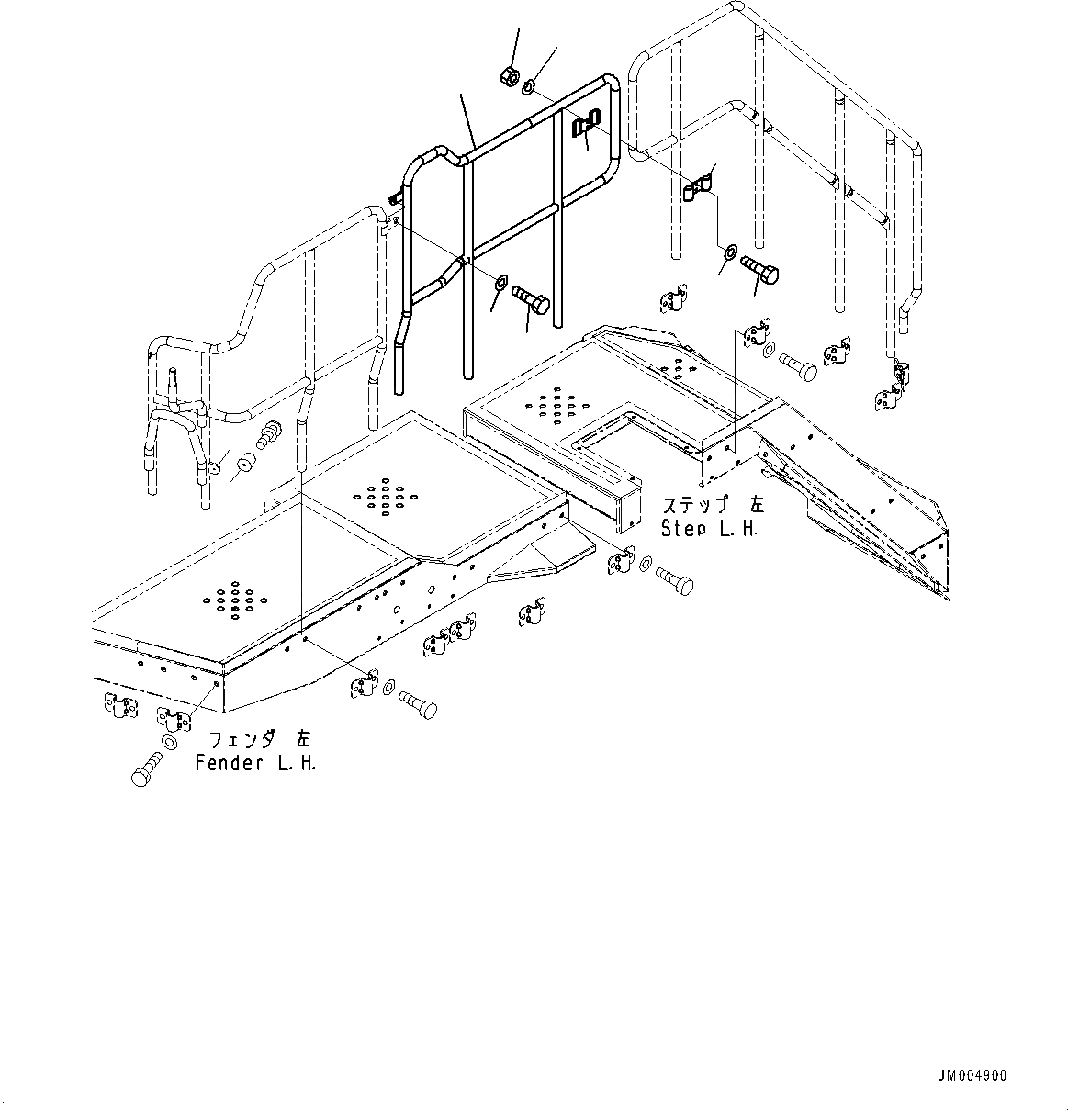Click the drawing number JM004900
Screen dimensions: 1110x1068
972,1077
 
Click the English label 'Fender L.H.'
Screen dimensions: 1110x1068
255,764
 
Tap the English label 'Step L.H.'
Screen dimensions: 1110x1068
709,530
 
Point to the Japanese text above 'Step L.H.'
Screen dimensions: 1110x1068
713,505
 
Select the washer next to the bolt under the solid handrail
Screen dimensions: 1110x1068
500,280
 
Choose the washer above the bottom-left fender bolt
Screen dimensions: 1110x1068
170,742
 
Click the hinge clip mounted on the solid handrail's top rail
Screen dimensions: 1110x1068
586,123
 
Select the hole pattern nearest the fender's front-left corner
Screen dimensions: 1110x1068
235,600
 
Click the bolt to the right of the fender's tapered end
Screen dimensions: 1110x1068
674,580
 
